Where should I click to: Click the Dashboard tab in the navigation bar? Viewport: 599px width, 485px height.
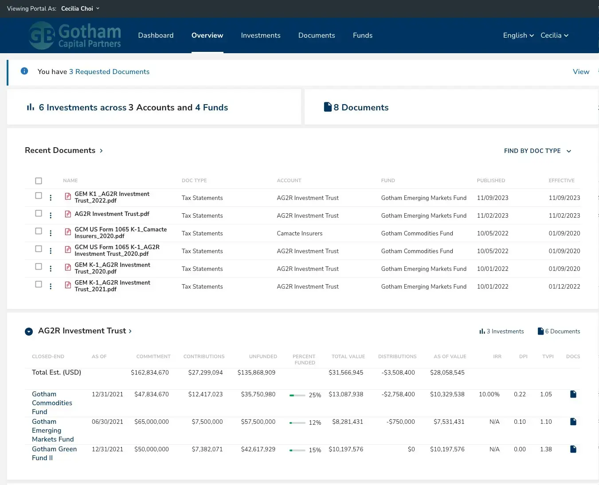(x=156, y=35)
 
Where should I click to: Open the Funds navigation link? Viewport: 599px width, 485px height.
(x=362, y=35)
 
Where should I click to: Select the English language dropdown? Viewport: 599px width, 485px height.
(x=518, y=35)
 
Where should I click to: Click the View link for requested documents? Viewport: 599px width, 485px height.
(x=581, y=72)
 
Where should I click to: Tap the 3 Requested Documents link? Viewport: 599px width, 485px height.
(x=109, y=72)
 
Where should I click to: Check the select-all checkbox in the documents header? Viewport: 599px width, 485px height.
(x=39, y=181)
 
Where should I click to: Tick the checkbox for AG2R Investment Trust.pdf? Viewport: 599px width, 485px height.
(x=39, y=214)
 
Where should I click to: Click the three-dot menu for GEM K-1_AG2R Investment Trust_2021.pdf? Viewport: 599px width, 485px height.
(x=51, y=286)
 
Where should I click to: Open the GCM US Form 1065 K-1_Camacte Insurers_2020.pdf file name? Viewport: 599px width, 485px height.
(x=120, y=233)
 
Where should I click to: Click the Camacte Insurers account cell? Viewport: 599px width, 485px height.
(x=299, y=234)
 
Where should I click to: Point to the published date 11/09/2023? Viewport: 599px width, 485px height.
(x=492, y=198)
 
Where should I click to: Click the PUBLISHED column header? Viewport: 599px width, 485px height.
(x=490, y=180)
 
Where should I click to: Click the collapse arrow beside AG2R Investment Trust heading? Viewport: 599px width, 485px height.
(x=29, y=332)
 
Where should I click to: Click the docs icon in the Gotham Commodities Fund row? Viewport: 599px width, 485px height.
(x=573, y=394)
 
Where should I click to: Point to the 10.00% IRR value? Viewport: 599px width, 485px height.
(x=489, y=395)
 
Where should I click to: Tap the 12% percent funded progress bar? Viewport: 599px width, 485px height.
(x=297, y=423)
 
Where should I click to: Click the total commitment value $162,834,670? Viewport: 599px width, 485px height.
(x=149, y=373)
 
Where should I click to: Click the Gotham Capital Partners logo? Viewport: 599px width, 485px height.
(x=75, y=36)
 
